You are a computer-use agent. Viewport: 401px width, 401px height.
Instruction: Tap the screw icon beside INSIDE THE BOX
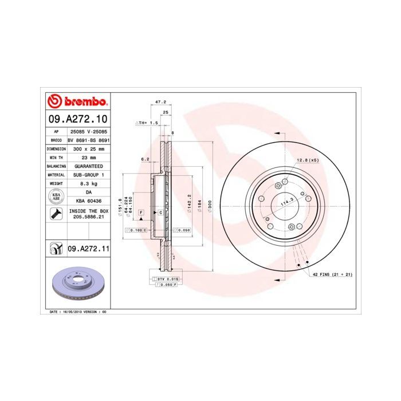56,214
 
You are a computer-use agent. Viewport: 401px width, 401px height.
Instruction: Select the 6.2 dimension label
145,159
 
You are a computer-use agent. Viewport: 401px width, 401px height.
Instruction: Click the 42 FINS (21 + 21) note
332,275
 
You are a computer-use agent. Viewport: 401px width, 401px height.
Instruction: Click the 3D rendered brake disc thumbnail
77,284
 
